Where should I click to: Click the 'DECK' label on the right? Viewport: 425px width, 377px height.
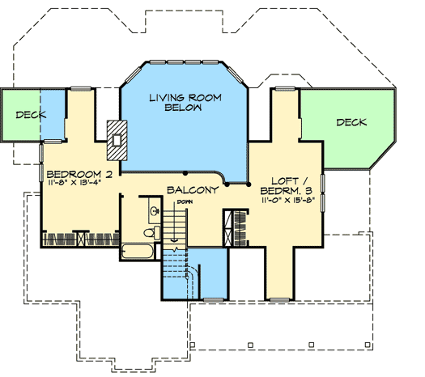[x=351, y=123]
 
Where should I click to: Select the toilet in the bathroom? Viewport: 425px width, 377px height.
[x=149, y=234]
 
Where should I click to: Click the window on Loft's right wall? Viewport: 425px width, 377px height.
[x=322, y=190]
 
